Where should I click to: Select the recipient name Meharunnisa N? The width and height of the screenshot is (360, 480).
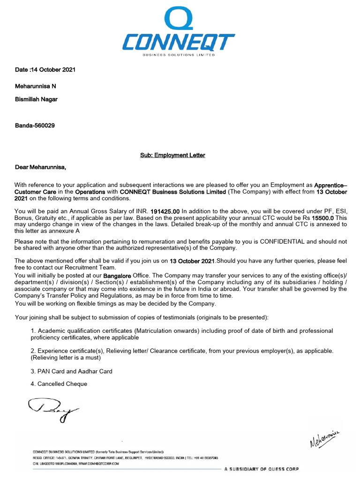point(36,86)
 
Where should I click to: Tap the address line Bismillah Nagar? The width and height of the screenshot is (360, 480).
point(36,99)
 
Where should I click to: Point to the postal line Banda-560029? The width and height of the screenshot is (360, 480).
point(35,126)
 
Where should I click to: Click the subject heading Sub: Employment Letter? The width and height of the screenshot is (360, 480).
point(172,155)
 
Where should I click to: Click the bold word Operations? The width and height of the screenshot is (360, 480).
point(90,192)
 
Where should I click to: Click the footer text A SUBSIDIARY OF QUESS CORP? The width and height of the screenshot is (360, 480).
point(261,469)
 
